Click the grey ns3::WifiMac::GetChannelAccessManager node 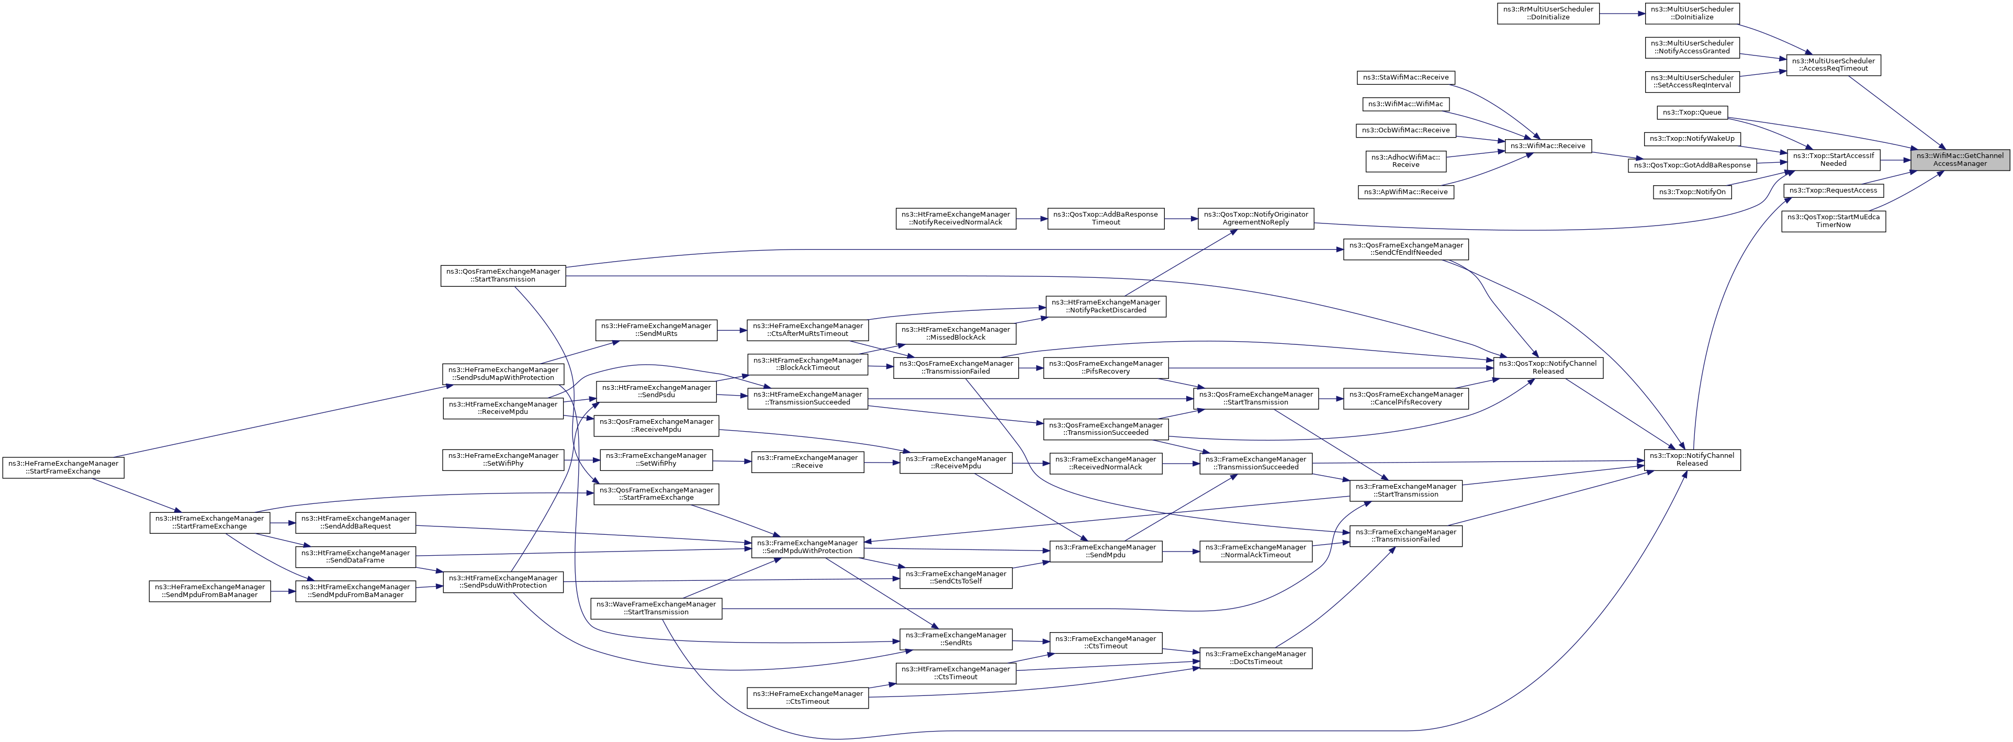(1960, 159)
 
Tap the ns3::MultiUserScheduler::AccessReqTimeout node (1834, 65)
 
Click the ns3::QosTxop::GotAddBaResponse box (1692, 165)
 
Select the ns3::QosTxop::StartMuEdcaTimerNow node (1834, 221)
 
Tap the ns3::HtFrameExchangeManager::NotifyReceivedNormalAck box (955, 218)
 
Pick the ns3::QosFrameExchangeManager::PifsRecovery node (1106, 367)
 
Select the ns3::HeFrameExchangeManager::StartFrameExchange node (63, 467)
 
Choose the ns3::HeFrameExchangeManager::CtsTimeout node (807, 698)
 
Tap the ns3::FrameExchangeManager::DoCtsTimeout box (1256, 658)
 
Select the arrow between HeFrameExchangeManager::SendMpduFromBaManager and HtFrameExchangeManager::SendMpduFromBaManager (284, 590)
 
